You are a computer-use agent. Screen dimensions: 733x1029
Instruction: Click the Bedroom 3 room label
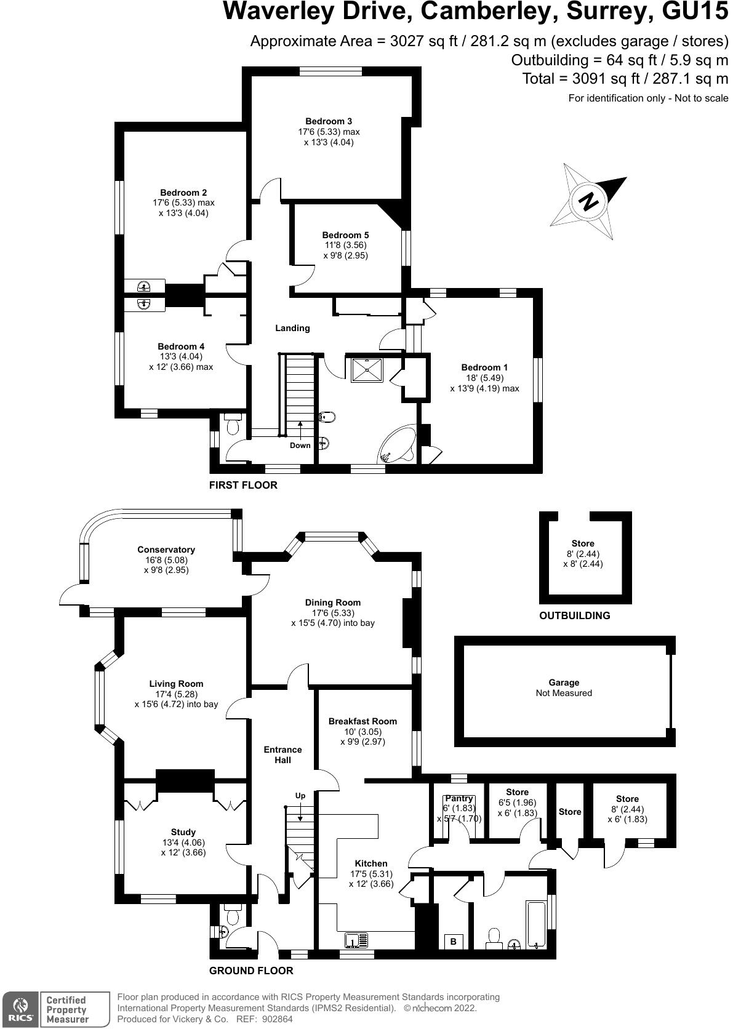click(x=329, y=121)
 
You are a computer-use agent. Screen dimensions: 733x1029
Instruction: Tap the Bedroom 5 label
click(x=345, y=235)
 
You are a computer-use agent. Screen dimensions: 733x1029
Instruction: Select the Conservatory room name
click(x=166, y=550)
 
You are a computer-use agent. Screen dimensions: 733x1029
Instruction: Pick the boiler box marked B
click(x=454, y=941)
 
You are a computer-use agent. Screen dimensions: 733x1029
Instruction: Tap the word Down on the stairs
click(x=300, y=445)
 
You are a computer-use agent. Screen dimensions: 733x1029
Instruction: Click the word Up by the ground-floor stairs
click(x=300, y=796)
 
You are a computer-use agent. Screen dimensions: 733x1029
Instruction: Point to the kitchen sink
click(x=357, y=940)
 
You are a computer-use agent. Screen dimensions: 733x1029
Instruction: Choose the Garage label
click(x=564, y=683)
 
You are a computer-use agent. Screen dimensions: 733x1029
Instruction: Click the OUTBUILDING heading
click(x=575, y=615)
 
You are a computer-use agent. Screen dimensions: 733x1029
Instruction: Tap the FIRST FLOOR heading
click(x=243, y=485)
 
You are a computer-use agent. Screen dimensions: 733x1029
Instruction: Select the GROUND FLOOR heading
click(x=251, y=971)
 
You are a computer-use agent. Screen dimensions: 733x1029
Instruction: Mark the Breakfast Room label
click(x=362, y=721)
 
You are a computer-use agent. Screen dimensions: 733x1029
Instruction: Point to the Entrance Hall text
click(x=282, y=755)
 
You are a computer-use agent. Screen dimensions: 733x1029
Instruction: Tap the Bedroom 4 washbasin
click(x=144, y=304)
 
